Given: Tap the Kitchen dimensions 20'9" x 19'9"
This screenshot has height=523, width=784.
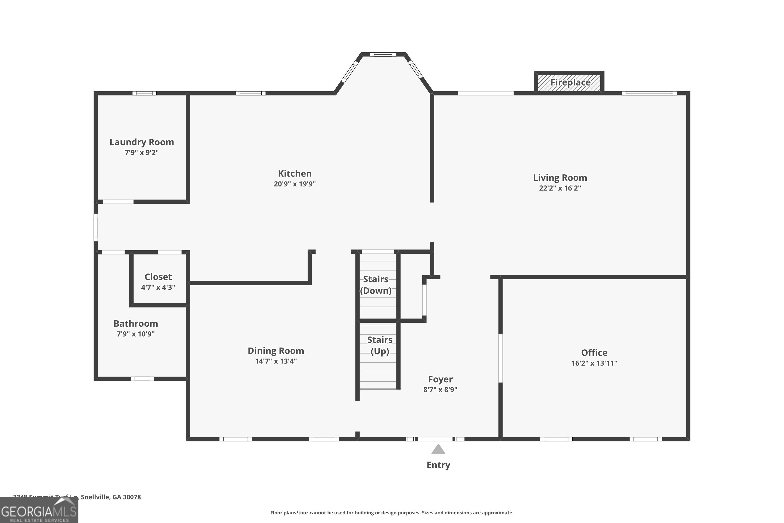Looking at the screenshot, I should [295, 184].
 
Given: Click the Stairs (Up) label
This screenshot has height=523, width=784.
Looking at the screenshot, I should [380, 345].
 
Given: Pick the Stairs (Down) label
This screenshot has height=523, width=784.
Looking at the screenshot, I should [376, 285].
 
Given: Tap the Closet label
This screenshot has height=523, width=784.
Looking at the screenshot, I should [158, 277].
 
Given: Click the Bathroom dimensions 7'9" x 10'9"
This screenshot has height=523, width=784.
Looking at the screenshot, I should [135, 334].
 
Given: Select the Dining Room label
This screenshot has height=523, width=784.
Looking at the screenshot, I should [276, 351].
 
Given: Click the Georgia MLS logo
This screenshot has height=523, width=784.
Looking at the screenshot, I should [39, 511].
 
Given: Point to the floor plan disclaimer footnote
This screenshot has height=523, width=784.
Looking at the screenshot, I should [392, 513].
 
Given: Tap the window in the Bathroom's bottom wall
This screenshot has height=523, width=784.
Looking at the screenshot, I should [142, 379].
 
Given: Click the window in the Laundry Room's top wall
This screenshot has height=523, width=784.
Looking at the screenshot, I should [144, 93].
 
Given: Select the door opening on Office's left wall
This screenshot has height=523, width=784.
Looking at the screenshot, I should [500, 358].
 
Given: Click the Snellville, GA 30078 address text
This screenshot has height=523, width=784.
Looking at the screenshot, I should [111, 497].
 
